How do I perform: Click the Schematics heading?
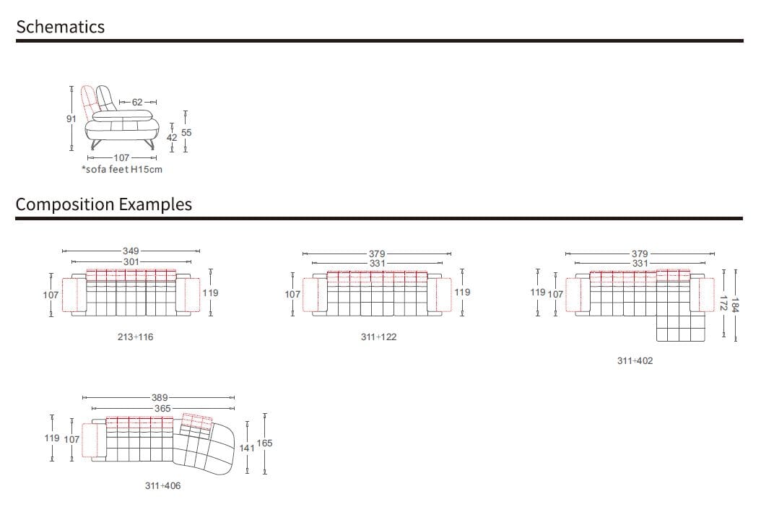coord(60,27)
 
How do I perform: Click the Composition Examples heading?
coord(104,204)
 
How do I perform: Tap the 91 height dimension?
coord(71,118)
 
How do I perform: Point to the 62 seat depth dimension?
coord(137,102)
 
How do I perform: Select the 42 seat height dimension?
coord(172,137)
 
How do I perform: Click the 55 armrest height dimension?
coord(186,132)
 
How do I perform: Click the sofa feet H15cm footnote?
coord(122,170)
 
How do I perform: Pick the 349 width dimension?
coord(131,251)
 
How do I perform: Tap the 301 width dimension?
coord(131,261)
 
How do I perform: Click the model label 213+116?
coord(136,337)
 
